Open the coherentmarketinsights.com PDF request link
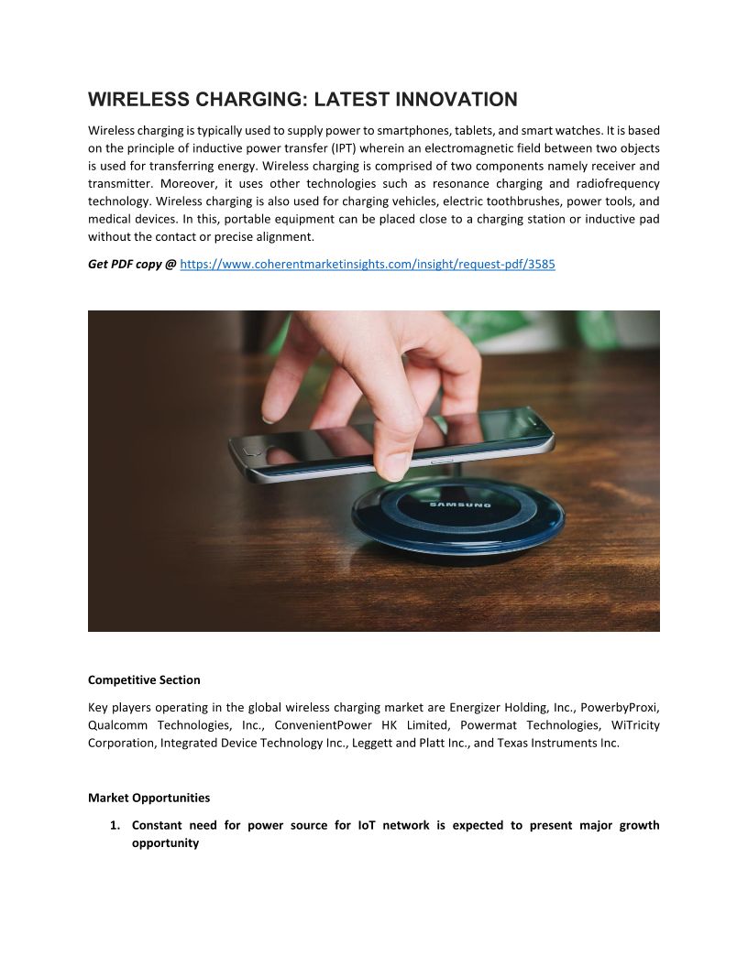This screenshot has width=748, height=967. click(x=368, y=264)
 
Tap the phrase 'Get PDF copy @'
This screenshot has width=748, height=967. click(x=132, y=264)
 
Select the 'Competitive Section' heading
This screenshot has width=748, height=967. click(x=144, y=679)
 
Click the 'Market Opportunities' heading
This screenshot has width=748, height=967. click(x=148, y=798)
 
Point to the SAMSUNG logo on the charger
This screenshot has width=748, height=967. click(x=460, y=503)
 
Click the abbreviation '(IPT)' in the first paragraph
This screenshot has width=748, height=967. click(x=346, y=148)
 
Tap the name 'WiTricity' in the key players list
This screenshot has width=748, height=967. click(x=634, y=725)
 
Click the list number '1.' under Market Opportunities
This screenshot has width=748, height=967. click(x=115, y=825)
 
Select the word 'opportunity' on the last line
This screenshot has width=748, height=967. click(x=165, y=842)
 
